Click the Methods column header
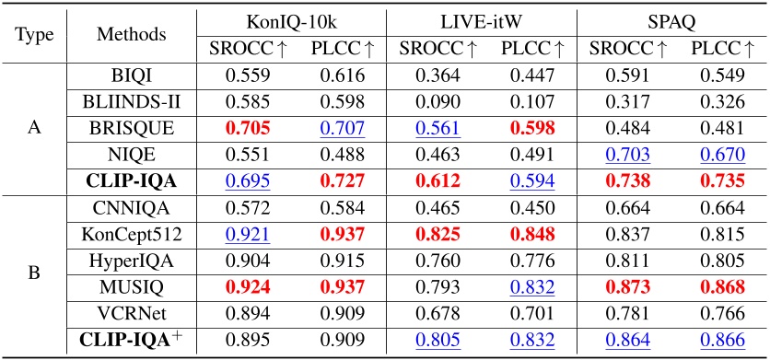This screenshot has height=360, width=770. pyautogui.click(x=131, y=35)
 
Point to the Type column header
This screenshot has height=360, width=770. pyautogui.click(x=35, y=35)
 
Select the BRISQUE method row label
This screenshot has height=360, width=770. pyautogui.click(x=131, y=128)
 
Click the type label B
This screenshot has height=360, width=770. pyautogui.click(x=35, y=274)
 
